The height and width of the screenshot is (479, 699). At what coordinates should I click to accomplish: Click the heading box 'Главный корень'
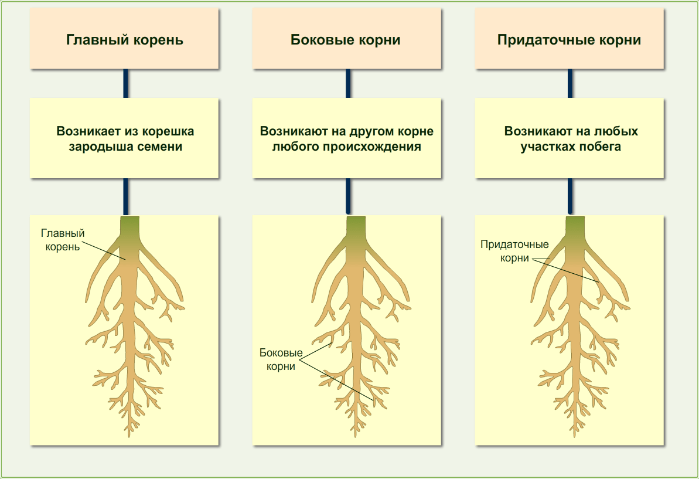click(x=124, y=40)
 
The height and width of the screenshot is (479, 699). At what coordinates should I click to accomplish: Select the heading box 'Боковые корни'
click(x=346, y=40)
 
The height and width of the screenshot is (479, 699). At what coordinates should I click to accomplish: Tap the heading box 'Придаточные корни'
click(x=569, y=40)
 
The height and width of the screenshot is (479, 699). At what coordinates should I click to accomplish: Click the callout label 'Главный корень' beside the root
click(x=63, y=240)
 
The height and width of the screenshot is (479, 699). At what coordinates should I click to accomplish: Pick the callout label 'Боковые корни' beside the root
click(x=281, y=359)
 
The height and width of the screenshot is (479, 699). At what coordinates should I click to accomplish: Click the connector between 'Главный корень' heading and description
click(x=125, y=83)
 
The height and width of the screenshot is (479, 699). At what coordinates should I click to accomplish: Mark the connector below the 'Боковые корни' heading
click(x=348, y=83)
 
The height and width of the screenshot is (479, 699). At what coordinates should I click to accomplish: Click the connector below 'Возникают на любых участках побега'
click(x=570, y=196)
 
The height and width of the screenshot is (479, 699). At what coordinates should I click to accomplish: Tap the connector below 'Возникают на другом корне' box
click(x=348, y=196)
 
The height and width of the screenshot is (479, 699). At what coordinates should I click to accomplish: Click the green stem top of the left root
click(x=130, y=226)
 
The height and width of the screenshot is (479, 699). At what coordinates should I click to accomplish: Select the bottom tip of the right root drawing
click(x=575, y=434)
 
